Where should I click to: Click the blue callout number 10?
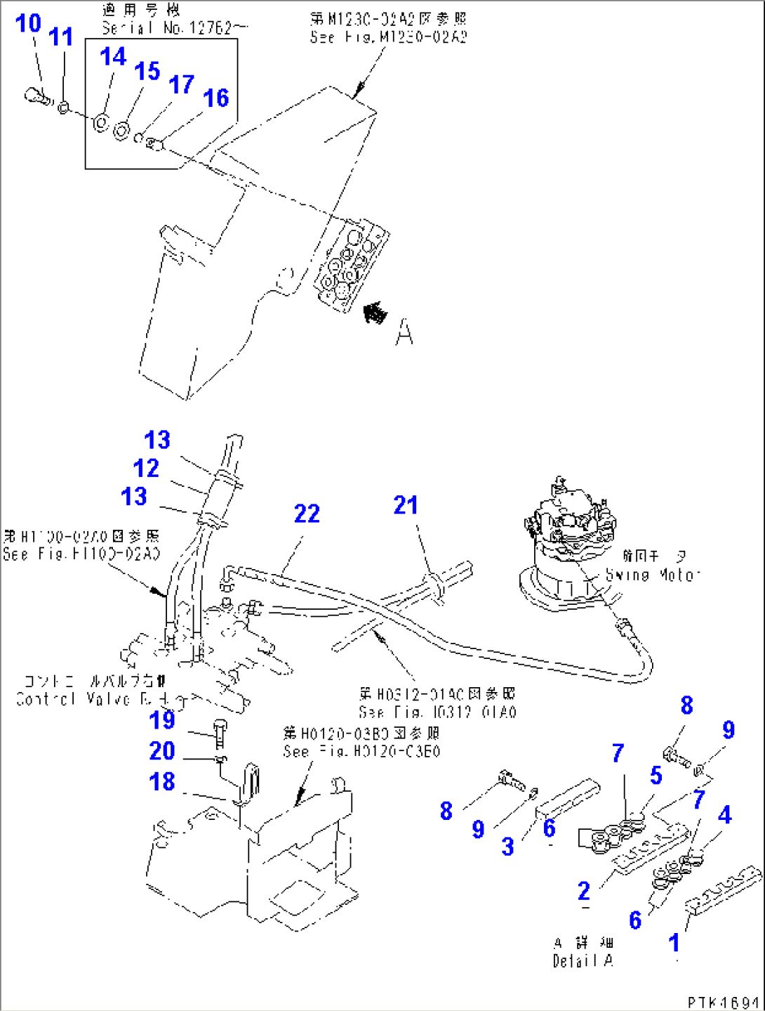pos(28,23)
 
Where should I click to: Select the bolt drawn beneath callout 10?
pos(37,97)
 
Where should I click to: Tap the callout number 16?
pos(215,98)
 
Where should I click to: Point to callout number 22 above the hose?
pos(307,514)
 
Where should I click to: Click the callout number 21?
pos(406,504)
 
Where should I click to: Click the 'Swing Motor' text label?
pos(653,575)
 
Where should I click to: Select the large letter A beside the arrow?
pos(404,332)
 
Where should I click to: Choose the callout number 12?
pos(146,468)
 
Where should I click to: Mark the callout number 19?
pos(162,719)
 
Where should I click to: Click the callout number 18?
pos(162,781)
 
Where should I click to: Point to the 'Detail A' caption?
pos(583,960)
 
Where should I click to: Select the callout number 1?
pos(674,942)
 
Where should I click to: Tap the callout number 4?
pos(724,815)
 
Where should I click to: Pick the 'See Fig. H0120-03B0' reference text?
pos(361,751)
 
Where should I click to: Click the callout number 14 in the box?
pos(112,56)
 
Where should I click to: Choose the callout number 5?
pos(656,775)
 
